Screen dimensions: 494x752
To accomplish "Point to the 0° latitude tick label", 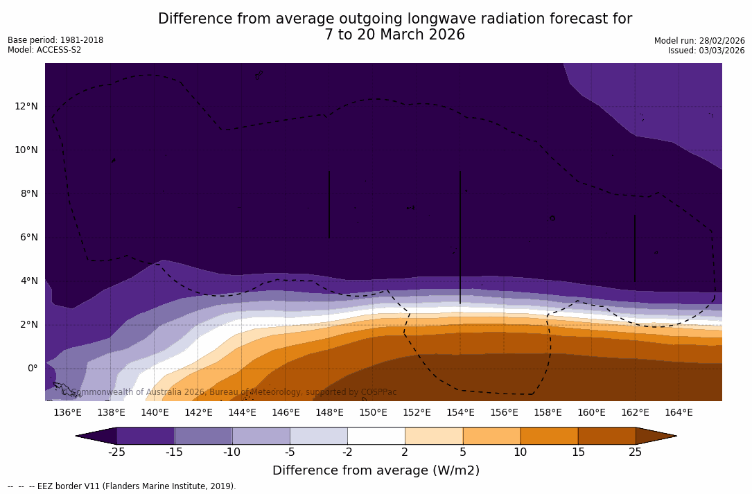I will [32, 368].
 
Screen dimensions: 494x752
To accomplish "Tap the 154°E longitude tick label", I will [460, 412].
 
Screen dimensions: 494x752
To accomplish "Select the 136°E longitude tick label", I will [67, 412].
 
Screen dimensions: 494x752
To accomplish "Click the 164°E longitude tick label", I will [679, 412].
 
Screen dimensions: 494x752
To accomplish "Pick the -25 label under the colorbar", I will [116, 452].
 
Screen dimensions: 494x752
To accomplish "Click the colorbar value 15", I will [577, 452].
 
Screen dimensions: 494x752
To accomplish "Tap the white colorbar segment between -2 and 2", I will [376, 436].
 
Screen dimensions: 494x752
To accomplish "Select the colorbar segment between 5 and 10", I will [491, 436].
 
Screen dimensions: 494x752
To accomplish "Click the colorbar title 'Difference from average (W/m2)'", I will [376, 470].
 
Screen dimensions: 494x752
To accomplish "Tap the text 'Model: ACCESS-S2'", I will [44, 50].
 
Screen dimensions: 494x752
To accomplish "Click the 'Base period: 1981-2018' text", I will [55, 40].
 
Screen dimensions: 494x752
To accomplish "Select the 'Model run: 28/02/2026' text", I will [699, 41].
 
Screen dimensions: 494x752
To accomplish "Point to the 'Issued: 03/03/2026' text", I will [706, 51].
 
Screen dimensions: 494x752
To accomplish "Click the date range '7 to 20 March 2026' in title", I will [394, 35].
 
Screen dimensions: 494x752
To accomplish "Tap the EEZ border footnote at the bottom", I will [122, 486].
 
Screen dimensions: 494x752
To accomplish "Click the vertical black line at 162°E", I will [635, 247].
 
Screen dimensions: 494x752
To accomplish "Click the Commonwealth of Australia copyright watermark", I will [229, 392].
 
